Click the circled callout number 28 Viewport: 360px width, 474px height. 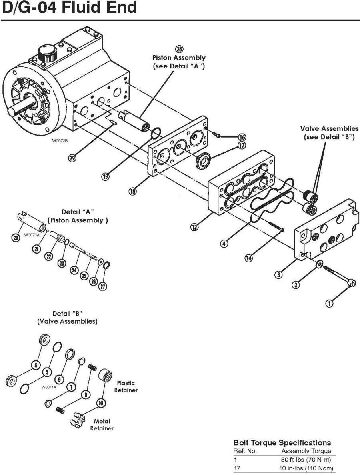[x=179, y=49]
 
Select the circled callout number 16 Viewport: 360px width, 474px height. [x=242, y=137]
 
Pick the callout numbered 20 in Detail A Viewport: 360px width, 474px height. [x=16, y=238]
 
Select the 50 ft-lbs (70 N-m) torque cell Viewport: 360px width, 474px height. [x=306, y=460]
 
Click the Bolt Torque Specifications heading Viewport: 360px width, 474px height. [x=282, y=443]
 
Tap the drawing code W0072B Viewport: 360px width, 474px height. [x=59, y=141]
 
